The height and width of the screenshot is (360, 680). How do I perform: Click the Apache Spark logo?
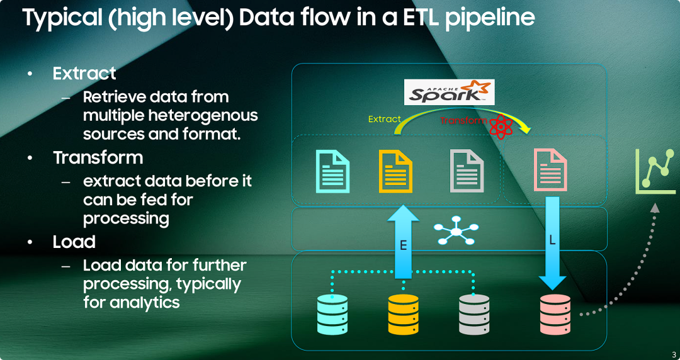449,92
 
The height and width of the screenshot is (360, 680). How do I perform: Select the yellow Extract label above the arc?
384,119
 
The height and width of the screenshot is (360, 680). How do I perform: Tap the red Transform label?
463,120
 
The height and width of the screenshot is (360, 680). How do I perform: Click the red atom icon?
501,128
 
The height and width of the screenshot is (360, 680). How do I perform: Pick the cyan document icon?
332,170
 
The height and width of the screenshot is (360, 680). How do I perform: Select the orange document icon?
395,170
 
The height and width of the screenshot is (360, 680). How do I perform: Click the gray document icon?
467,170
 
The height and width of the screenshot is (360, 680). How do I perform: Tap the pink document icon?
550,170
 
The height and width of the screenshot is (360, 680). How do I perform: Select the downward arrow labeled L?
552,242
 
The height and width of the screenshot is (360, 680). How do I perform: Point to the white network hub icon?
456,232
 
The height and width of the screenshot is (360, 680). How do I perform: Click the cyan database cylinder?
332,314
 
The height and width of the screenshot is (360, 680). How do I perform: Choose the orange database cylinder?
403,314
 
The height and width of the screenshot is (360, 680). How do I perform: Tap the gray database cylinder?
474,314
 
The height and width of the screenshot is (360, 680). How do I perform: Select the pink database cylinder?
555,314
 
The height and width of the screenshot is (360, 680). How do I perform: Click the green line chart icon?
655,171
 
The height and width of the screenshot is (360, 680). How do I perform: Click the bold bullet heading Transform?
98,157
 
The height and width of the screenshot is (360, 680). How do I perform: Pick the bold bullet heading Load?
74,242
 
